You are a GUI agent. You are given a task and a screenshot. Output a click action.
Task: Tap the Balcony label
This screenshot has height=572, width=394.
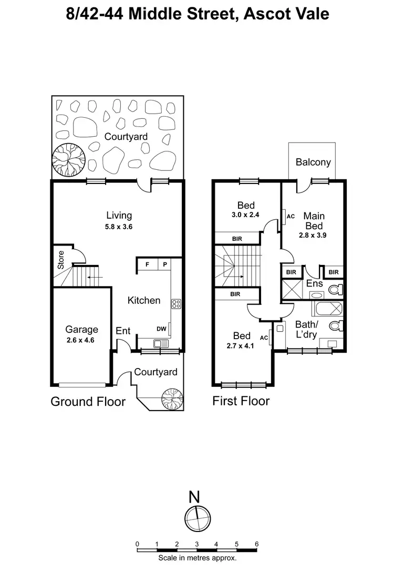coord(313,162)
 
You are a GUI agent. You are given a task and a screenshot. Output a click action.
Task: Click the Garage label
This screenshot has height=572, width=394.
coord(81,330)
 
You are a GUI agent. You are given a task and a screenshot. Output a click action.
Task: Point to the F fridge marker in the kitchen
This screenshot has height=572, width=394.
coord(147,264)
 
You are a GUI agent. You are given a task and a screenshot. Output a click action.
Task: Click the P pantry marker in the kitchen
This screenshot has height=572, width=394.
coord(164,264)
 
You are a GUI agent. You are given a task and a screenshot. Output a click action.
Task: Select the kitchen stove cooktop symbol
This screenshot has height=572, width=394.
coord(177,303)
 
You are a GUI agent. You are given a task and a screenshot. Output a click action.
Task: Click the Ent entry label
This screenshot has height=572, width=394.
coord(123,331)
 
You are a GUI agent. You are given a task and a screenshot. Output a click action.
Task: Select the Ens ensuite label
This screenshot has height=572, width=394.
coord(314,284)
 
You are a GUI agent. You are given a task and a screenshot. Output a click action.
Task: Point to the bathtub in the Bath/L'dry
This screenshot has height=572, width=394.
coord(327,308)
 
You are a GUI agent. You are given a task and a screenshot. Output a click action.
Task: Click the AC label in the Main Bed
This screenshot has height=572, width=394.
coord(291,216)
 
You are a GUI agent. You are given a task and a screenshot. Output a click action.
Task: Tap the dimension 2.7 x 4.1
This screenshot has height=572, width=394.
coord(242,346)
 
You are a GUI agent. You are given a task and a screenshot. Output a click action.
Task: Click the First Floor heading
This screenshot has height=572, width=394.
coord(241,401)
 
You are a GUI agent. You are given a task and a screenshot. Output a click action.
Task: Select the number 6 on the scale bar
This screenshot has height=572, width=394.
coord(256,544)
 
